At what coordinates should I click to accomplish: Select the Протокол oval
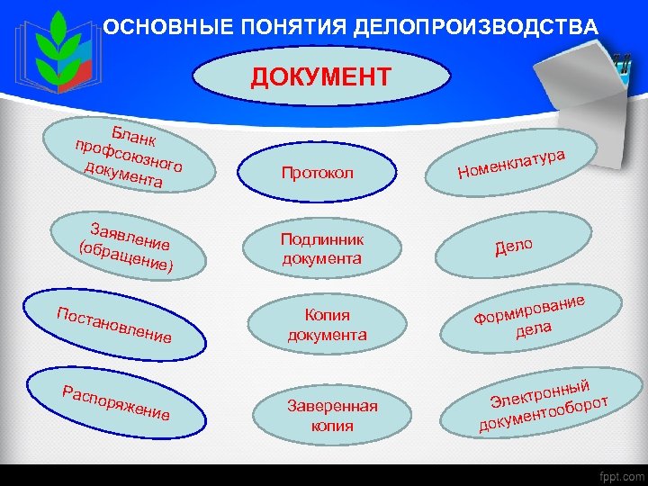tap(317, 172)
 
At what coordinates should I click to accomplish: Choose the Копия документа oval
tap(327, 325)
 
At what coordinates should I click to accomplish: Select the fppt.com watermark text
tap(618, 475)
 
